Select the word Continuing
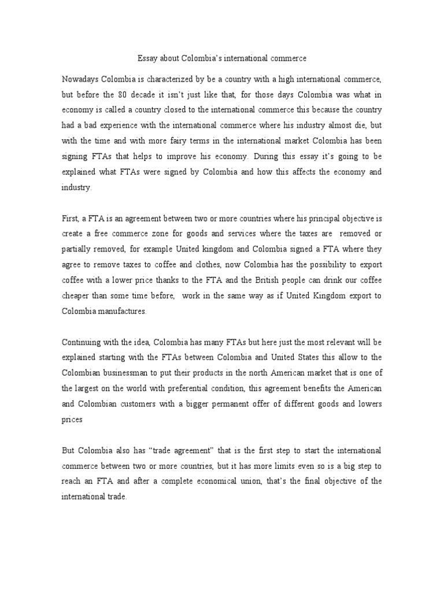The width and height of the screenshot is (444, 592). pyautogui.click(x=82, y=342)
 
